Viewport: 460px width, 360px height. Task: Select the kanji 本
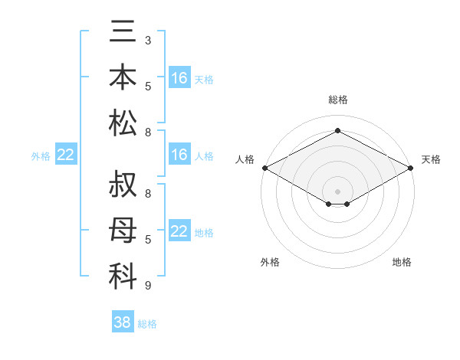[123, 77]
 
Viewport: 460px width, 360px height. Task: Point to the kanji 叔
[123, 186]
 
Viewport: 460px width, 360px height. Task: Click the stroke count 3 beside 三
[148, 40]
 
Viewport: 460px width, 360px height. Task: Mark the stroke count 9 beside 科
[148, 285]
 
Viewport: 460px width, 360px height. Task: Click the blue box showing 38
[122, 322]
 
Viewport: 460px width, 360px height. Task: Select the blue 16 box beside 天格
[179, 78]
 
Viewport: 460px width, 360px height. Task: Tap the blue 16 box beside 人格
[179, 155]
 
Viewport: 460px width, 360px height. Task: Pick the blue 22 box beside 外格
[65, 155]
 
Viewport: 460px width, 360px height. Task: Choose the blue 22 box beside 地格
[179, 231]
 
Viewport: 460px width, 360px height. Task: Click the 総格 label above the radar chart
[337, 100]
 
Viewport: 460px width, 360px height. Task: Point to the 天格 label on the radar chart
[431, 159]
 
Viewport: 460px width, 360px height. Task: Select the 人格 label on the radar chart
[245, 159]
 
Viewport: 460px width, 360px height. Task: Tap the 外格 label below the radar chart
[270, 262]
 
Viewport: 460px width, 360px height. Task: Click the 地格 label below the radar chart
[402, 262]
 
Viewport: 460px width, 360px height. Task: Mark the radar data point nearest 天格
[411, 168]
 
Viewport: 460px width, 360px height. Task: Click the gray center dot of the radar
[337, 191]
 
